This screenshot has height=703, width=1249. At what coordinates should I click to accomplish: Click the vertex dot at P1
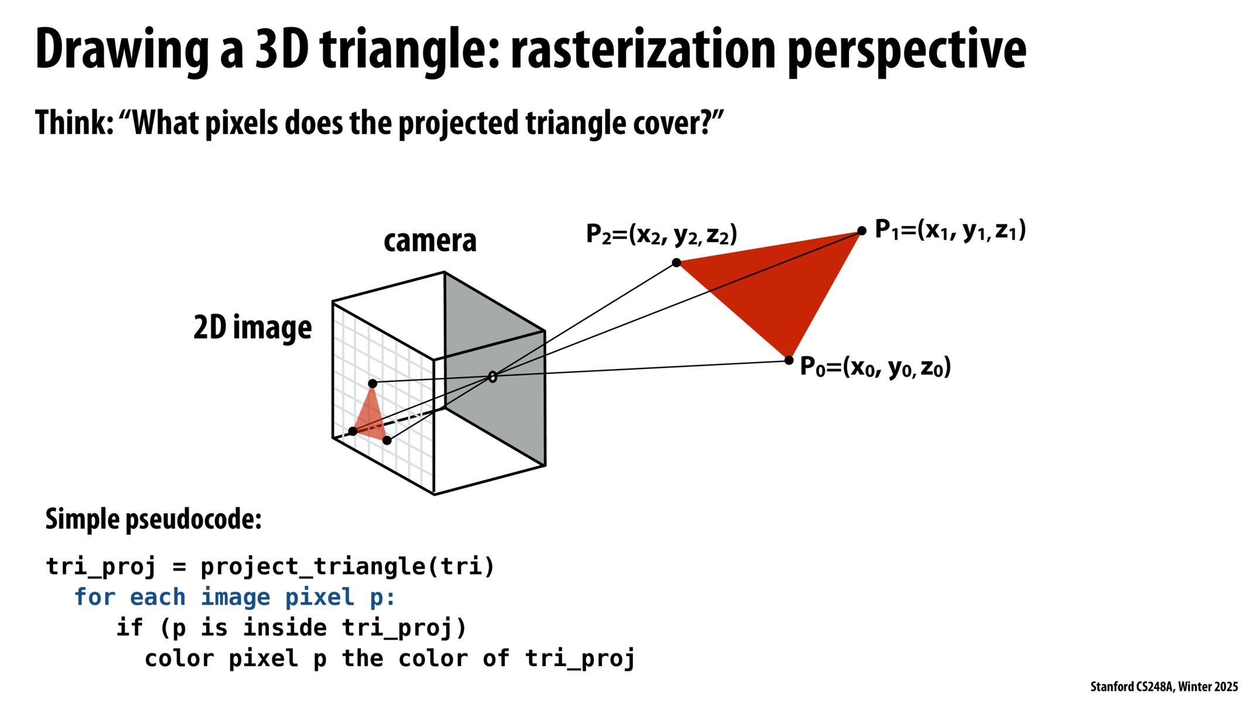[x=861, y=231]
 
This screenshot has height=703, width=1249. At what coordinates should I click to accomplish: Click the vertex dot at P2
[x=676, y=262]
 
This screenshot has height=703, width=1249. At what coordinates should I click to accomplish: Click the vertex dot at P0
[x=789, y=360]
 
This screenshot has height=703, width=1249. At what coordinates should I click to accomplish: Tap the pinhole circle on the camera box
[x=492, y=377]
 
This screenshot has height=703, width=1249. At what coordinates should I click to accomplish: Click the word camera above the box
[x=430, y=241]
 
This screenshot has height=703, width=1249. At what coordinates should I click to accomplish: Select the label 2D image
[x=252, y=327]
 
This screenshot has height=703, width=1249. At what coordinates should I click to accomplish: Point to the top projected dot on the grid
[x=372, y=384]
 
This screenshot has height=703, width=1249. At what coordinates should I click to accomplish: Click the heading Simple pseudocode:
[x=153, y=519]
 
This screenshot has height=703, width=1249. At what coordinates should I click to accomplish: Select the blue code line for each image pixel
[x=235, y=597]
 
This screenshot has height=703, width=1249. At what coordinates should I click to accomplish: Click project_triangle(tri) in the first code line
[x=348, y=567]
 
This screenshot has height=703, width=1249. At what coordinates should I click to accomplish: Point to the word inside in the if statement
[x=285, y=627]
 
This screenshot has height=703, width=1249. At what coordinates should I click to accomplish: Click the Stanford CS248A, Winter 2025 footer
[x=1164, y=687]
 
